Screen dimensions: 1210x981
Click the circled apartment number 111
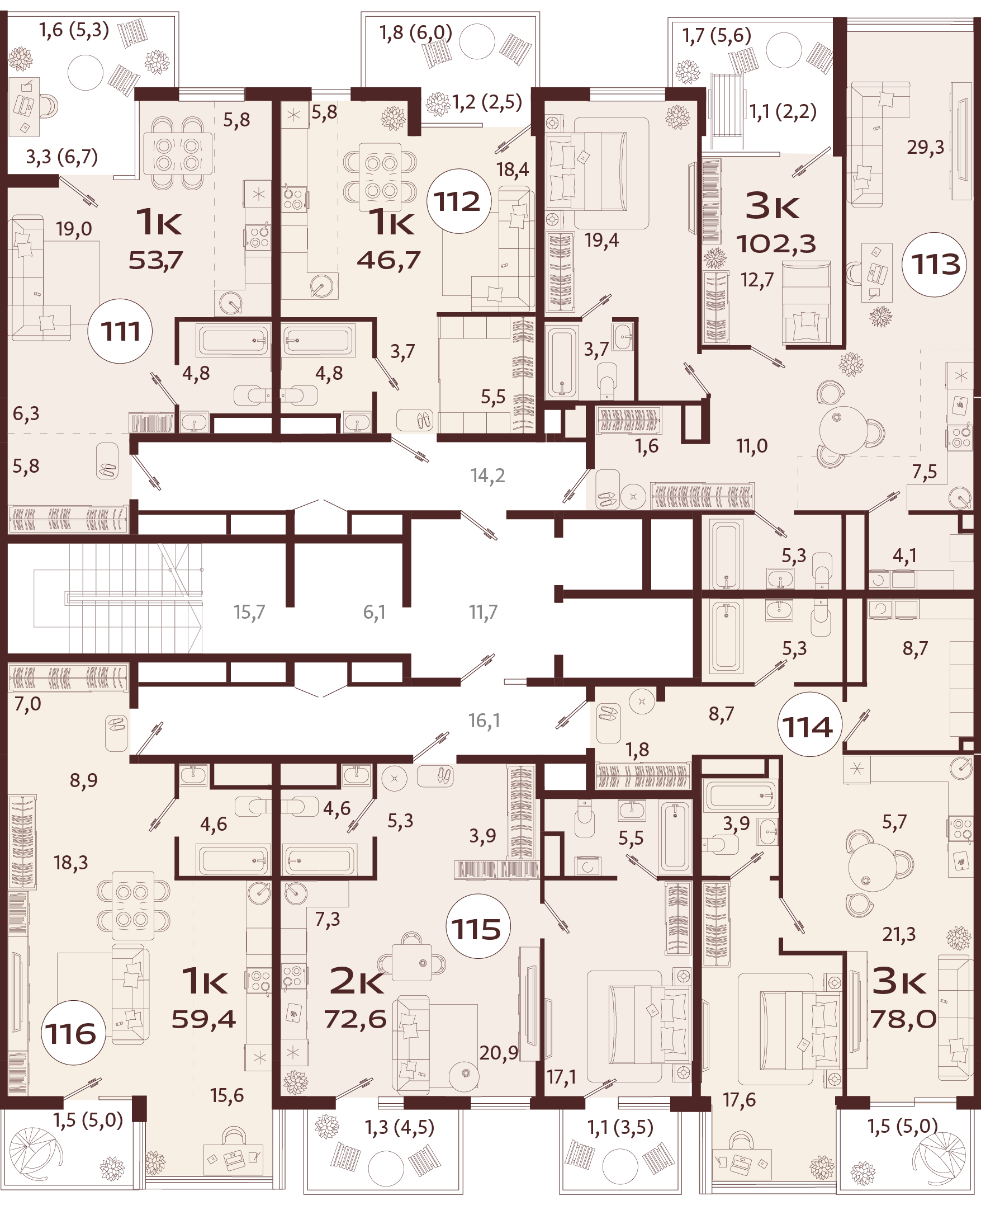click(120, 331)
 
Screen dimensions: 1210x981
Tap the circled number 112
click(458, 201)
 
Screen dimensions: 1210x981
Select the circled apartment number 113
click(935, 264)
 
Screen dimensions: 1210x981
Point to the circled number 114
click(808, 727)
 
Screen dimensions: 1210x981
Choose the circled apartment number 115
click(477, 929)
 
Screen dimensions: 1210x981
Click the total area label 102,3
click(776, 244)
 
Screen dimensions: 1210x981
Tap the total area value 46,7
click(389, 260)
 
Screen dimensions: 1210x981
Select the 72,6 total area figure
click(356, 1019)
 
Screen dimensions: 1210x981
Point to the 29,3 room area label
click(925, 148)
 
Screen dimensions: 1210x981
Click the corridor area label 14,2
click(487, 476)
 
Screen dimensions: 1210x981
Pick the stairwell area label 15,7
click(249, 612)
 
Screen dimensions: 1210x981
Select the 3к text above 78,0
click(898, 982)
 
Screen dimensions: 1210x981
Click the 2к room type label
click(357, 982)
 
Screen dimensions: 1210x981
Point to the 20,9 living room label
click(499, 1053)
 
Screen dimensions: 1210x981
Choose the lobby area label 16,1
click(484, 721)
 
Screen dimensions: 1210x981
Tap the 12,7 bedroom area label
click(757, 280)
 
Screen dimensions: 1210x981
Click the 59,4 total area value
click(203, 1019)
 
